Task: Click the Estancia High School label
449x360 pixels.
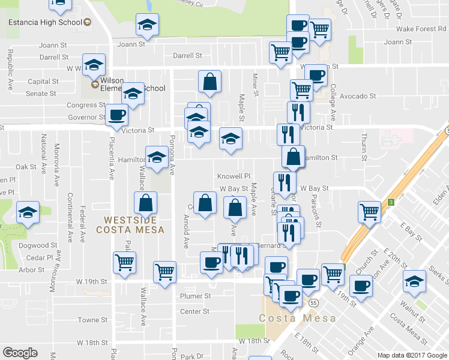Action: tap(45, 23)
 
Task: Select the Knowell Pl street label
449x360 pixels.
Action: tap(234, 176)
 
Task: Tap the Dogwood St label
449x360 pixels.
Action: tap(37, 245)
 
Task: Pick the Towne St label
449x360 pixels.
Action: tap(92, 320)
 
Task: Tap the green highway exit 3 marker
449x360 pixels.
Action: tap(390, 202)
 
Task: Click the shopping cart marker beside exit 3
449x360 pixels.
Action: tap(369, 212)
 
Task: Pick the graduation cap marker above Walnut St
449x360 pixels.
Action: tap(414, 281)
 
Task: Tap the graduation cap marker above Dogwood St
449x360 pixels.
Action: tap(28, 213)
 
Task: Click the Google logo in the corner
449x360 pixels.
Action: tap(20, 353)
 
